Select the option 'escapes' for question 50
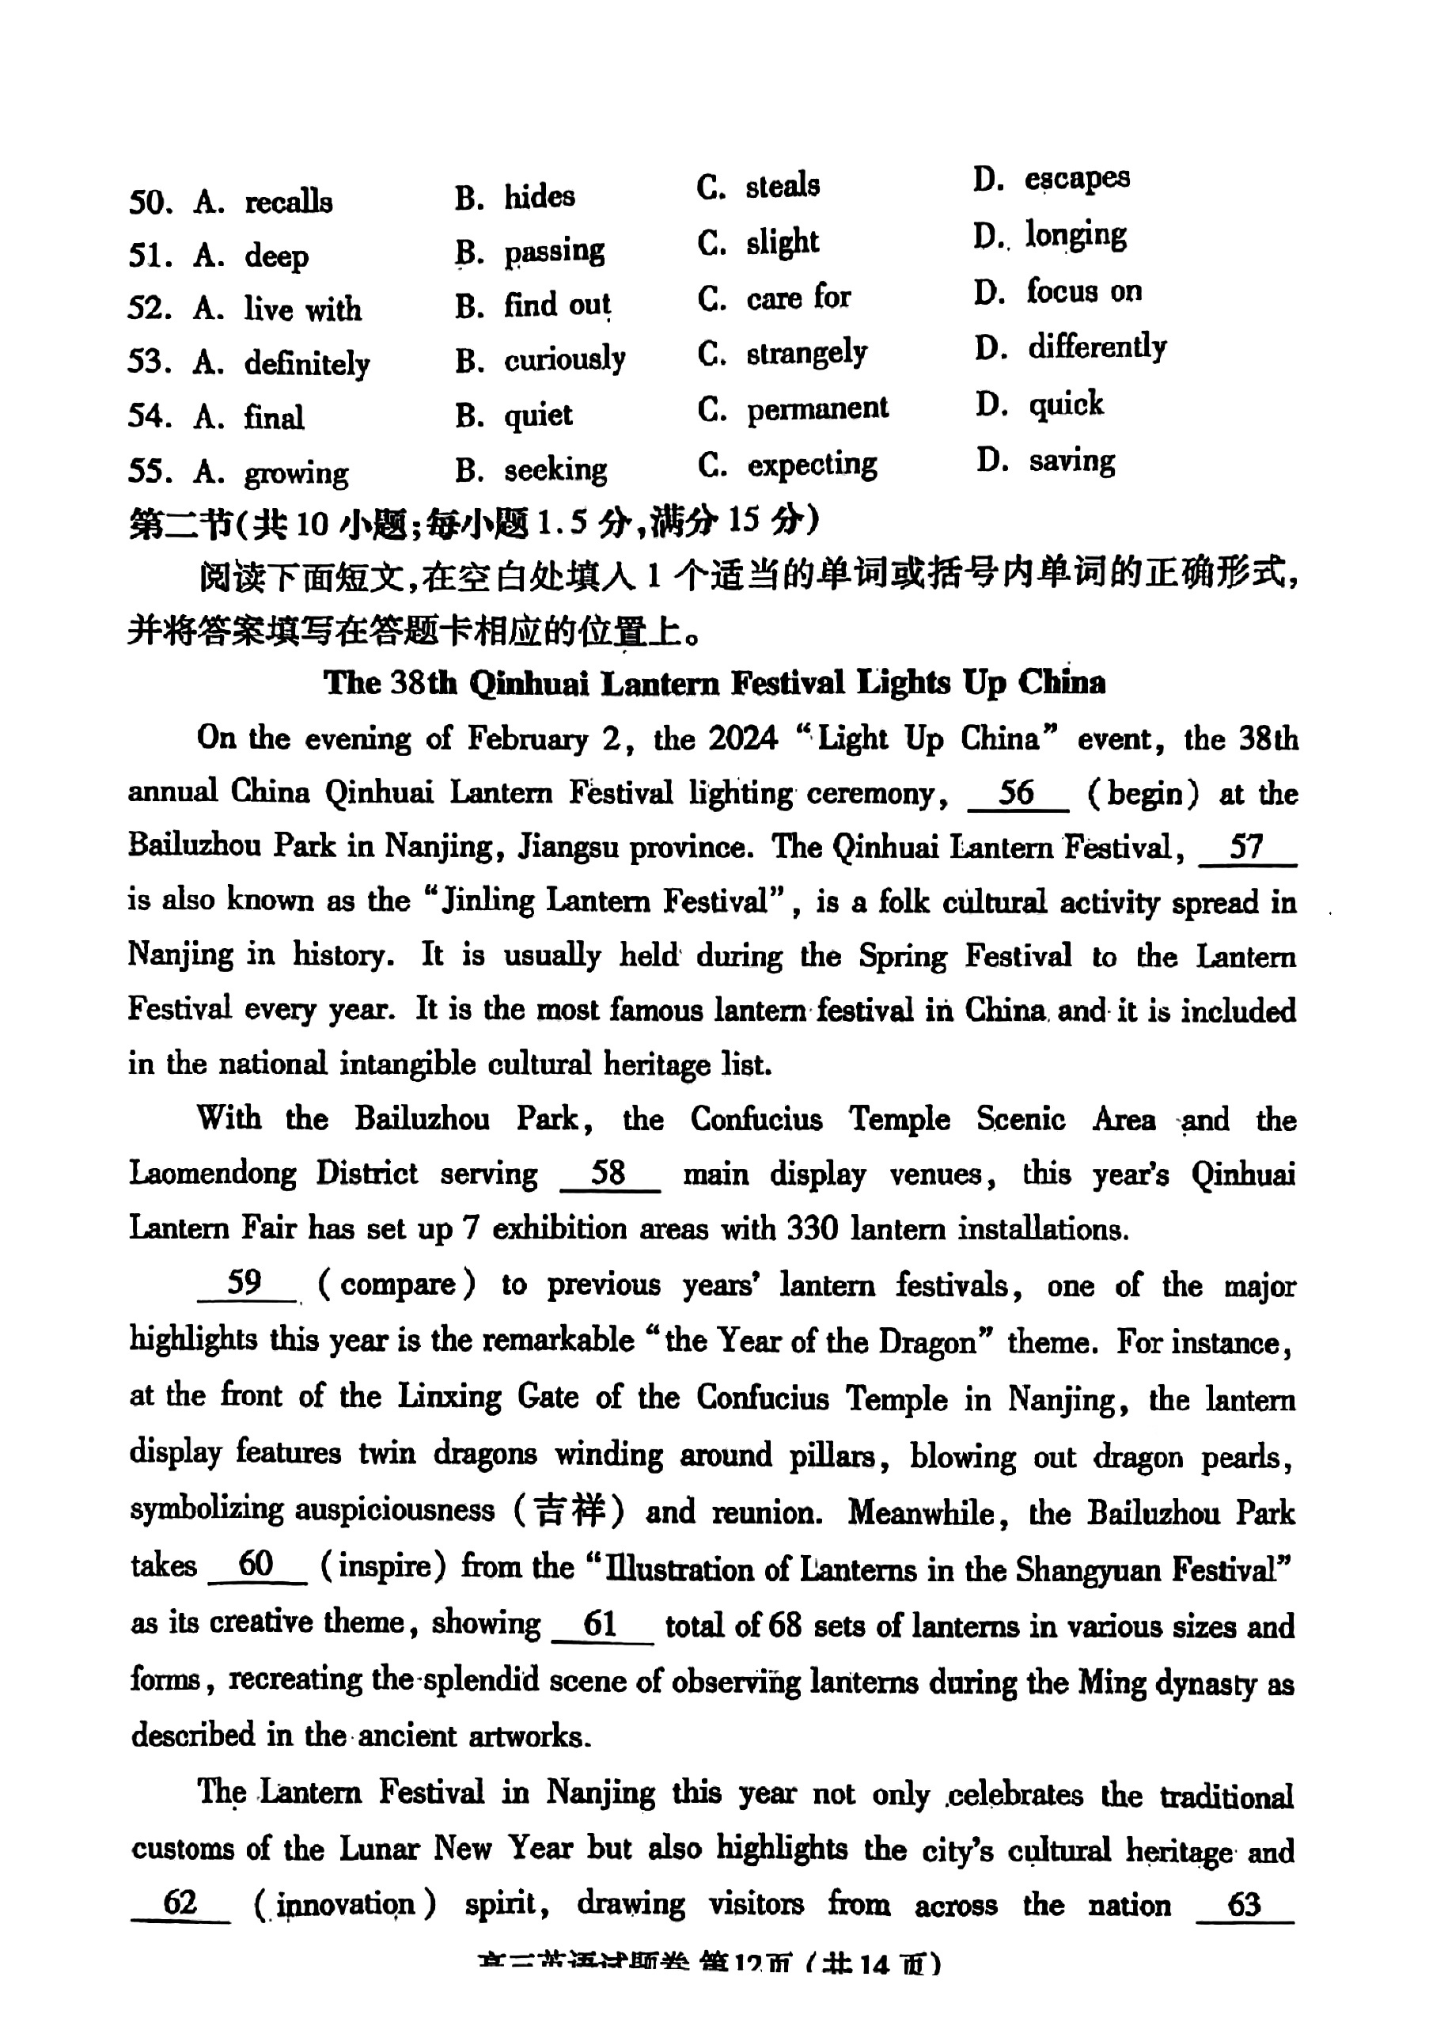tap(1076, 178)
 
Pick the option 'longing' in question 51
tap(1075, 236)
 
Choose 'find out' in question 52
tap(556, 305)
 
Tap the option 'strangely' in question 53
tap(806, 353)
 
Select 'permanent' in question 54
tap(817, 408)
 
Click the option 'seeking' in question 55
tap(555, 469)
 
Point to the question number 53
tap(148, 362)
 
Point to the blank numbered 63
tap(1244, 1904)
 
